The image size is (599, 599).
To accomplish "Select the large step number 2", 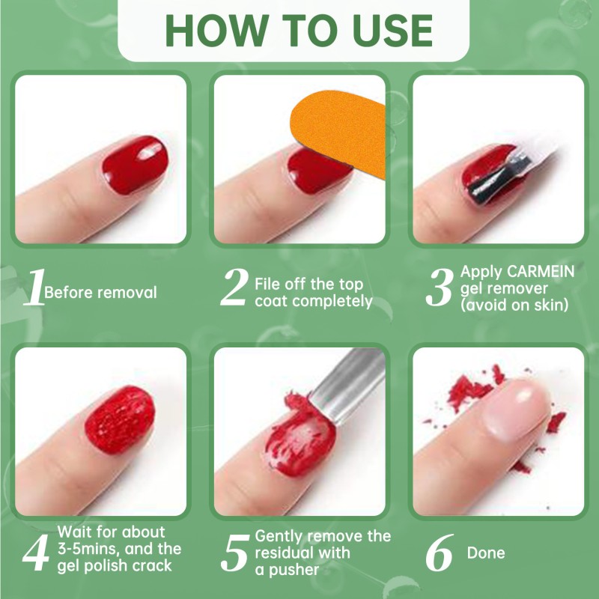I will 234,289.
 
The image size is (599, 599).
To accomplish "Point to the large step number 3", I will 439,289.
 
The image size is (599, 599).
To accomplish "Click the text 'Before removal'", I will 101,292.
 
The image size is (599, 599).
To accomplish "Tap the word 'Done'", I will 486,553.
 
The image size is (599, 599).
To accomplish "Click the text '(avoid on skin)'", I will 517,305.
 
